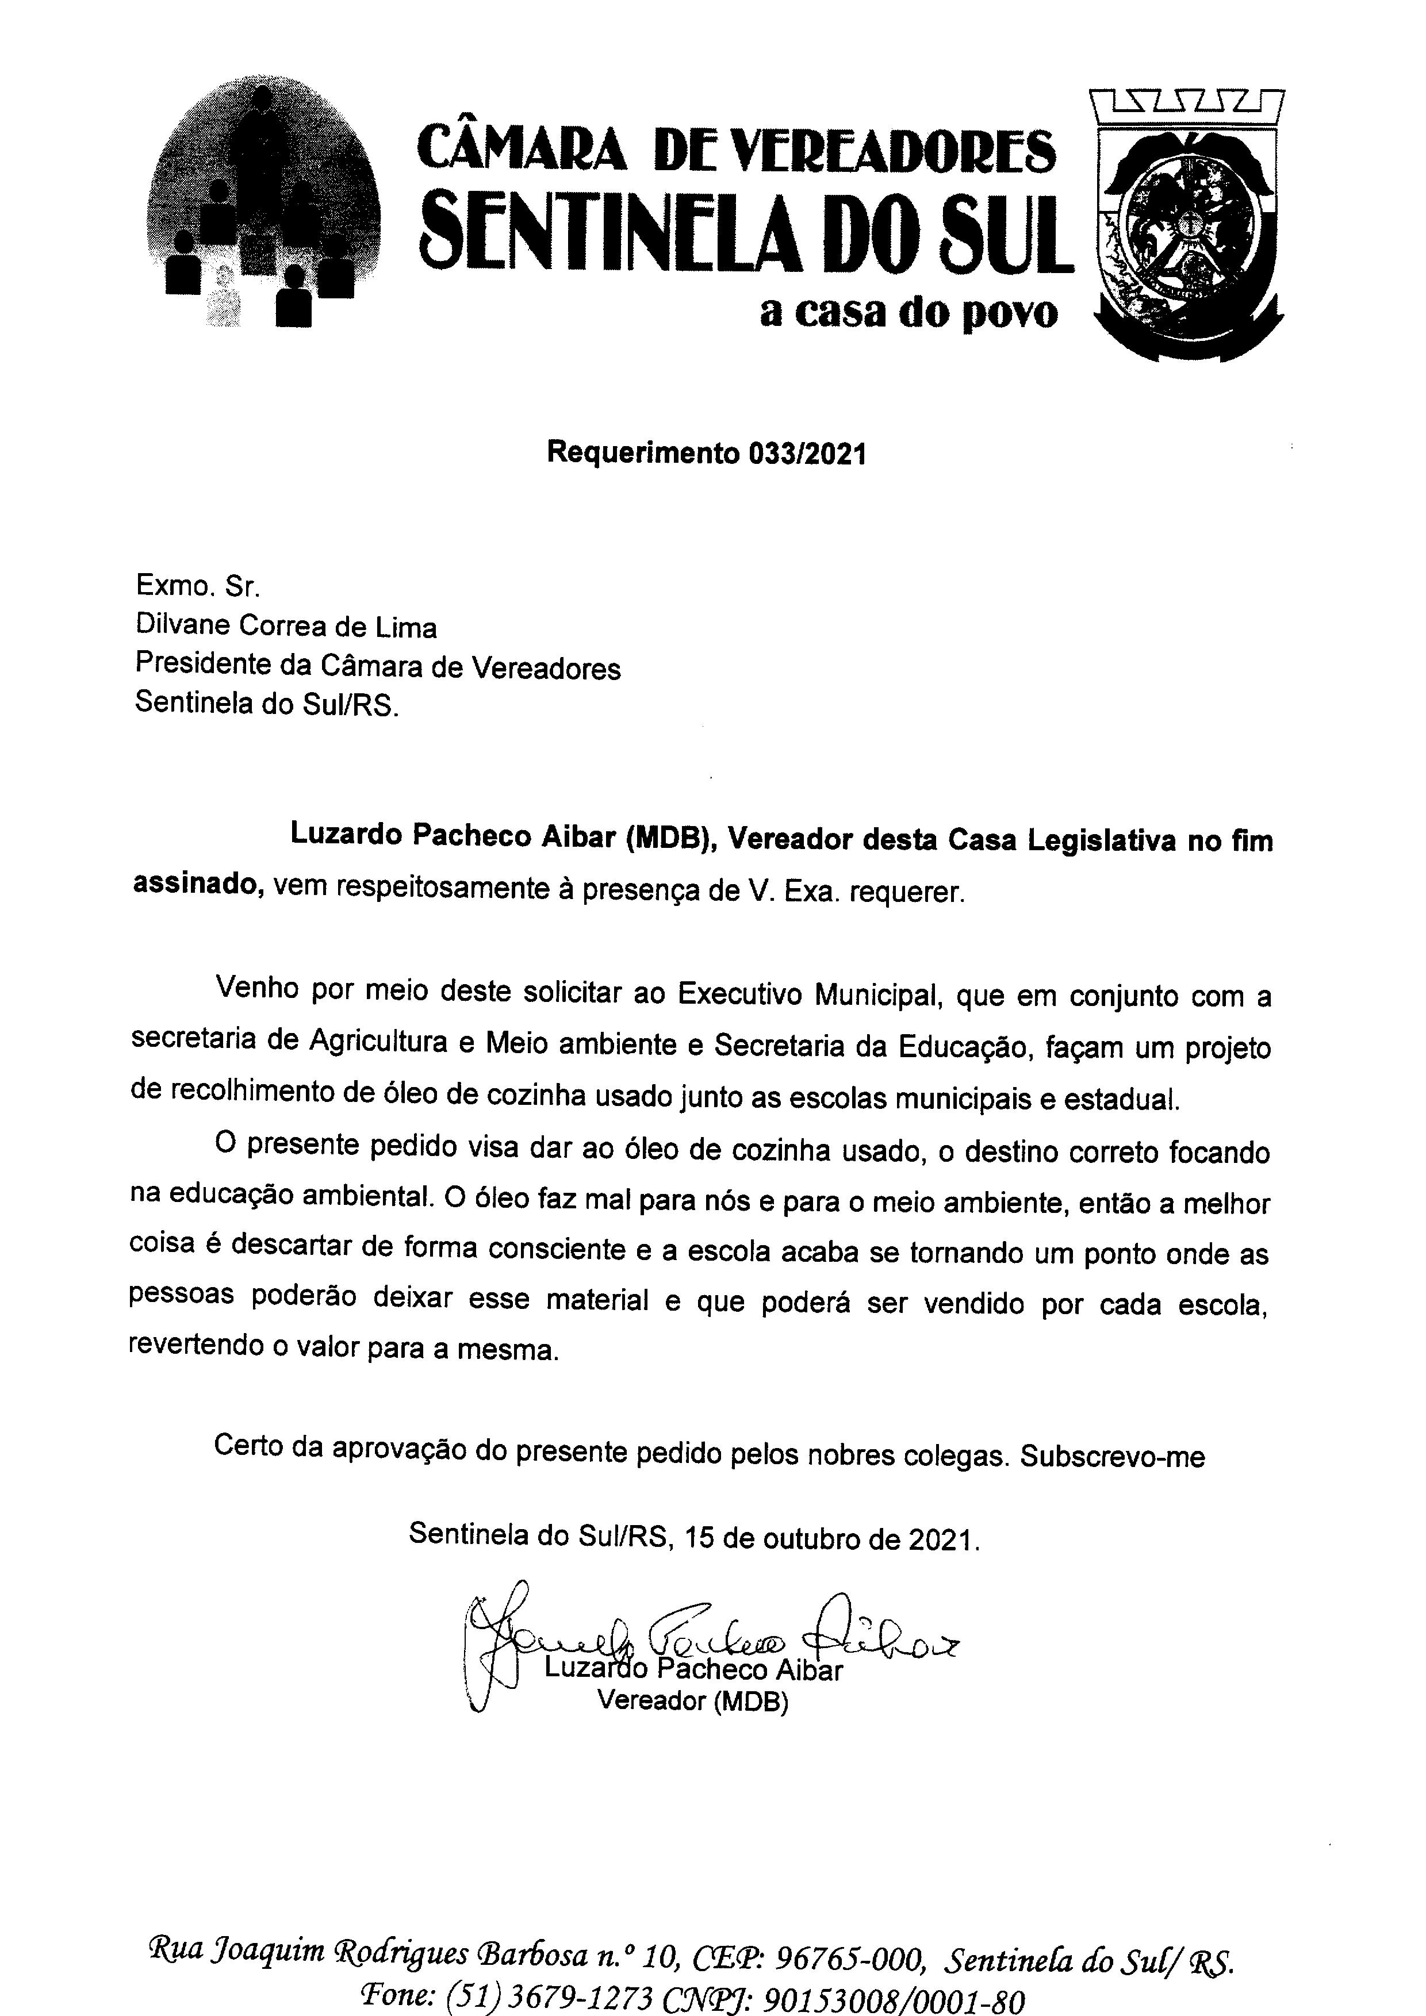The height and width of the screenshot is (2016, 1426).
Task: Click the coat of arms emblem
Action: (1187, 224)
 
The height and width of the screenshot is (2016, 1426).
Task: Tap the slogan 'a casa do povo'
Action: (909, 313)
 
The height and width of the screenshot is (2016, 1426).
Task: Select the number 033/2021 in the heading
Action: (807, 454)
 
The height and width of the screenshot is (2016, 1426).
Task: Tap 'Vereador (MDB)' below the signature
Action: (693, 1701)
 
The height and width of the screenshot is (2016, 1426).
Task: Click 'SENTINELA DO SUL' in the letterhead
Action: (746, 228)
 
